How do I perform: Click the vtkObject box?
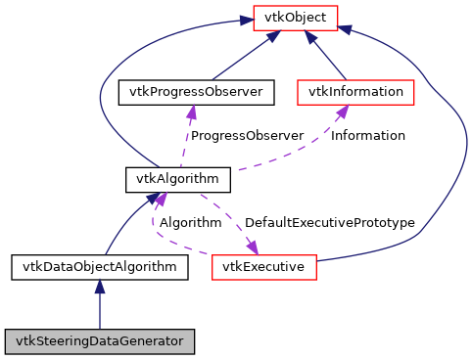296,17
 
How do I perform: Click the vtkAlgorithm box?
178,179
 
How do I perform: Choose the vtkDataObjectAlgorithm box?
99,266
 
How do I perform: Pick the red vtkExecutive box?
262,266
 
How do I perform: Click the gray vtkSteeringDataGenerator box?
99,341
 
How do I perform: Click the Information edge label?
367,136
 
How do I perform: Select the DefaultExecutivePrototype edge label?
330,223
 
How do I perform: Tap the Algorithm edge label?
190,223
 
